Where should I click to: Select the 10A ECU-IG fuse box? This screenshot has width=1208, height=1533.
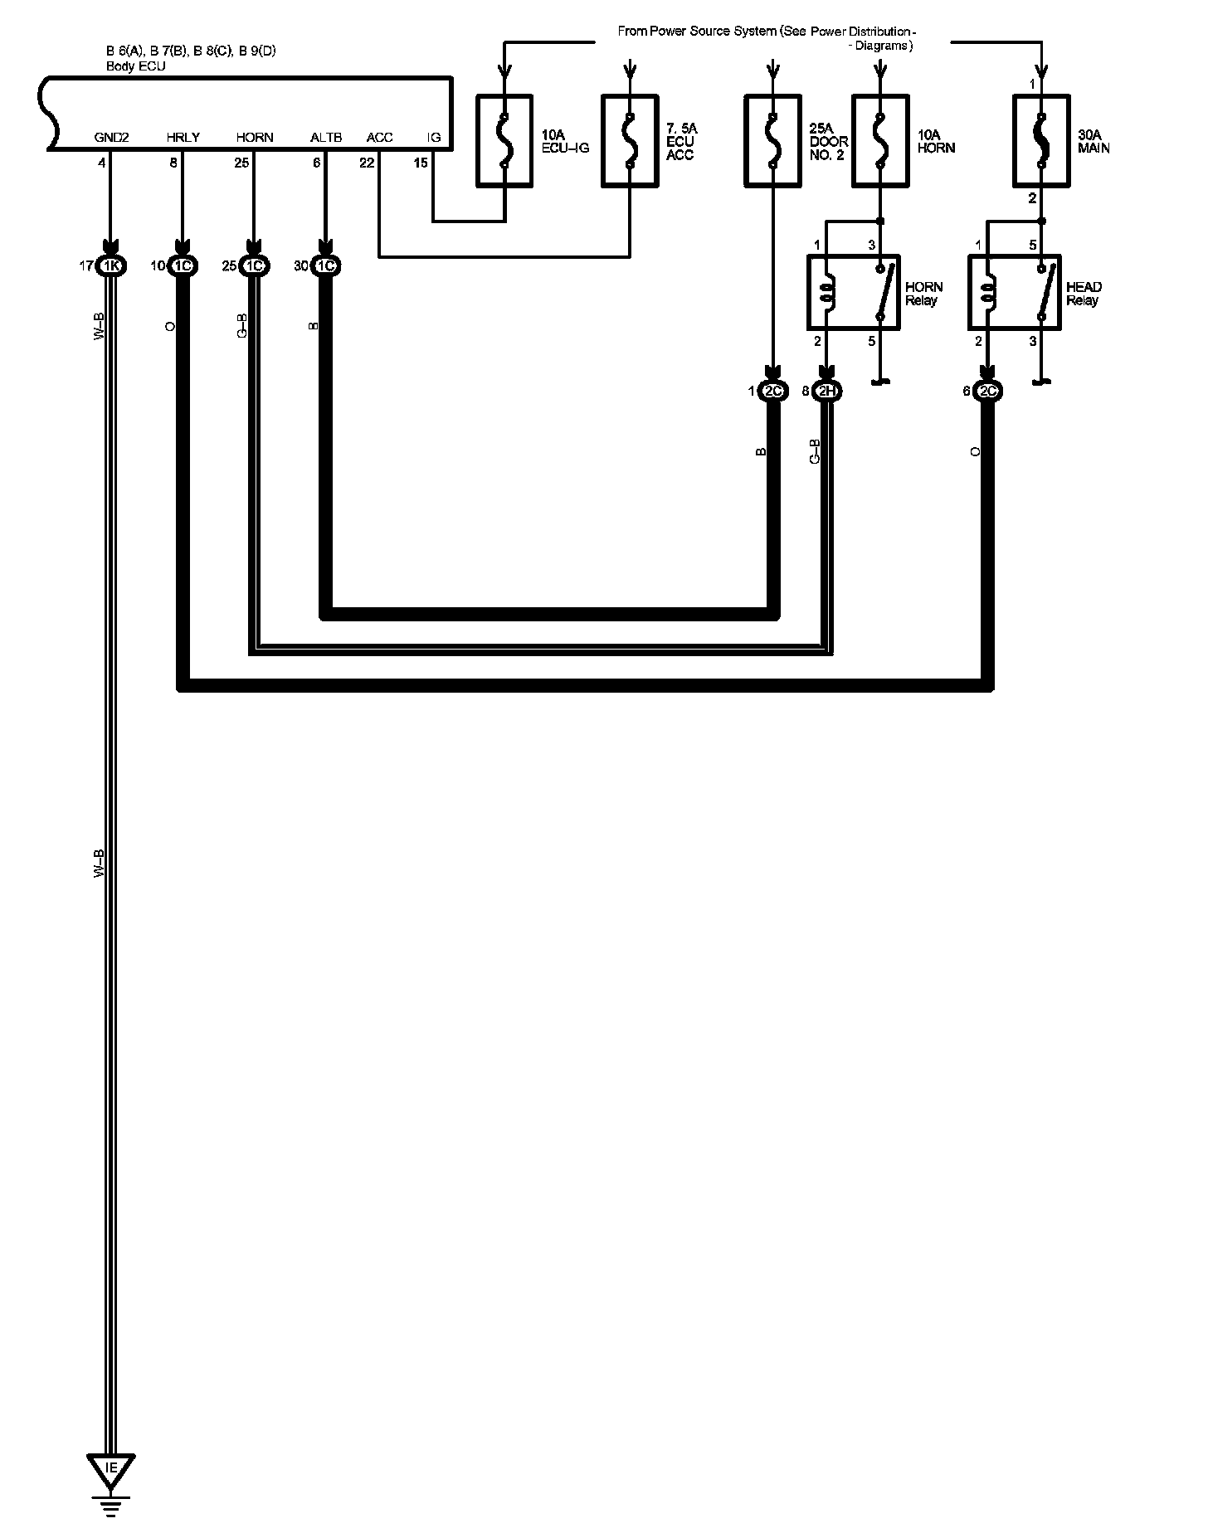pyautogui.click(x=504, y=140)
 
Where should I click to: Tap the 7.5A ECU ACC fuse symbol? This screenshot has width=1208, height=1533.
pyautogui.click(x=630, y=140)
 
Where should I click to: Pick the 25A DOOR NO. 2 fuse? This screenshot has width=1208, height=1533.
pyautogui.click(x=772, y=140)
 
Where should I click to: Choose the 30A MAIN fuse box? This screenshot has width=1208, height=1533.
pyautogui.click(x=1041, y=140)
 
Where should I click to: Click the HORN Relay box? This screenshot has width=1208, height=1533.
pyautogui.click(x=854, y=292)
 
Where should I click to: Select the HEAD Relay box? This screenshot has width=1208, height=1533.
pyautogui.click(x=1014, y=292)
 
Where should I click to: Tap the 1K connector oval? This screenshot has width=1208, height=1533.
pyautogui.click(x=110, y=266)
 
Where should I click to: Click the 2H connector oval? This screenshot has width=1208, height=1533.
pyautogui.click(x=827, y=392)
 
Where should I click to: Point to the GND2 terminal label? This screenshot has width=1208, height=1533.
pyautogui.click(x=111, y=138)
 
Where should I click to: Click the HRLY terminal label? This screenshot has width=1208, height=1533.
pyautogui.click(x=183, y=138)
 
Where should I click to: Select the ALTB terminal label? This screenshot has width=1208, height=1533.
pyautogui.click(x=326, y=138)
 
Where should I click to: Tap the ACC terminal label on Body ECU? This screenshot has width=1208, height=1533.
pyautogui.click(x=379, y=138)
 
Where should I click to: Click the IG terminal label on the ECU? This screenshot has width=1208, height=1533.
pyautogui.click(x=433, y=138)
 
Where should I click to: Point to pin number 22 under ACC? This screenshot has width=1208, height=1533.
pyautogui.click(x=367, y=163)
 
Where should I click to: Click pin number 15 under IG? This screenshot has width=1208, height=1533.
pyautogui.click(x=421, y=163)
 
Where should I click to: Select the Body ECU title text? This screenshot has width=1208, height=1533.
pyautogui.click(x=136, y=66)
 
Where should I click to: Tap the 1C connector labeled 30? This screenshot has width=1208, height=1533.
pyautogui.click(x=325, y=266)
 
